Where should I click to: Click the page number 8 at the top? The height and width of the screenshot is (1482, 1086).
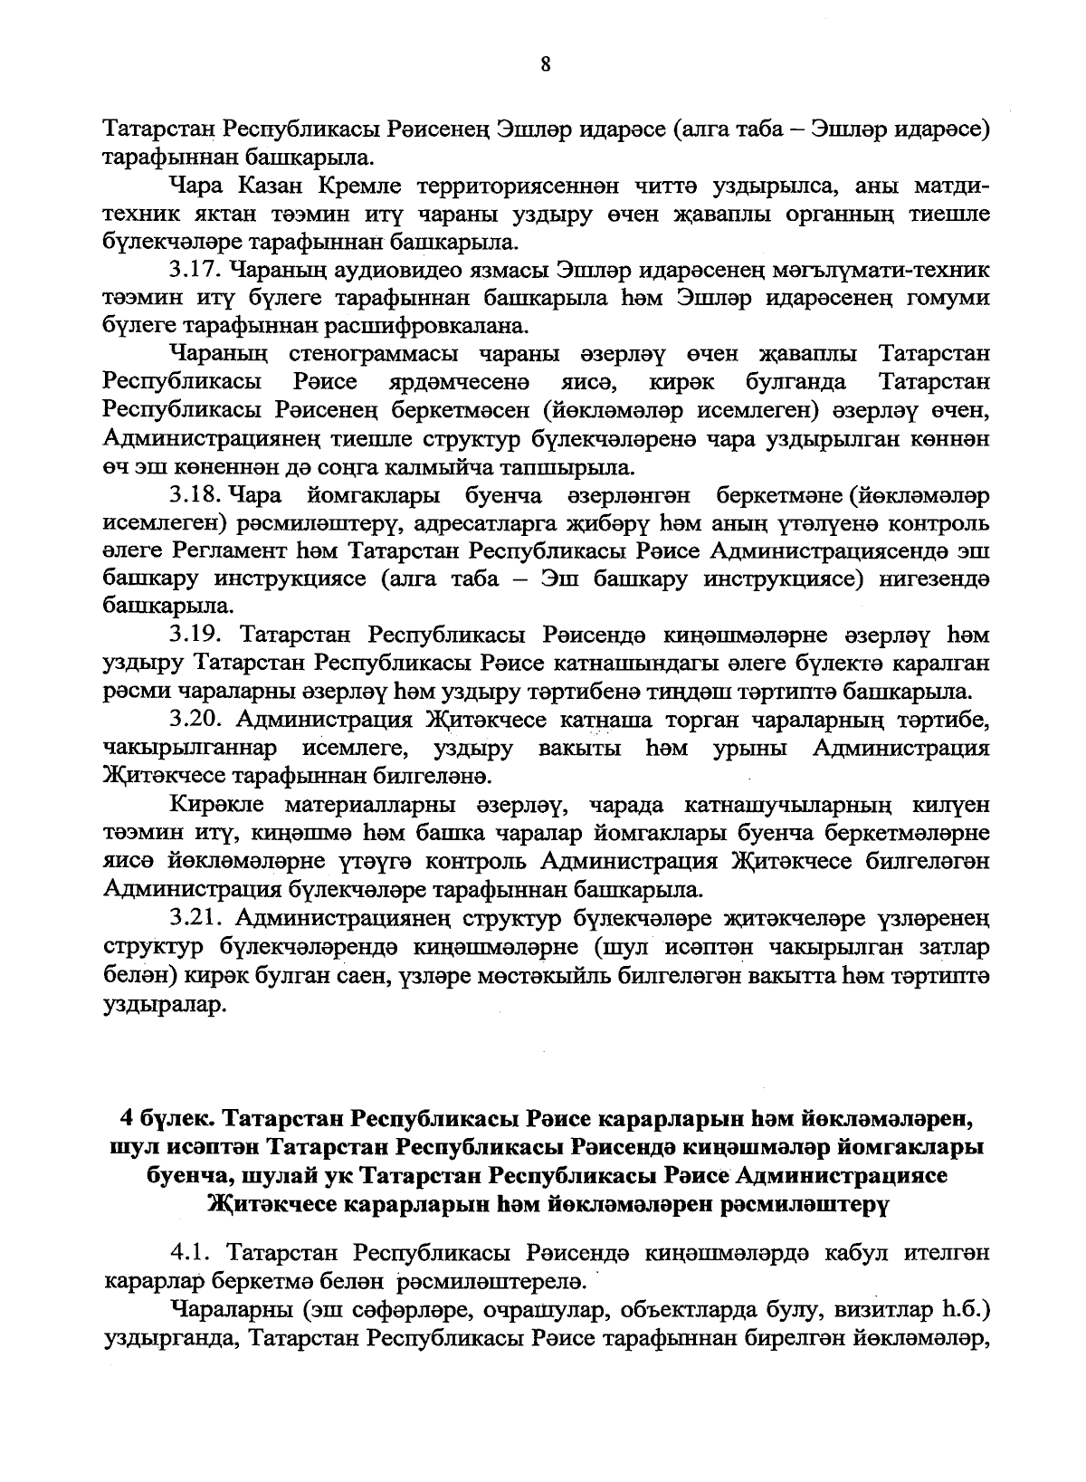pos(544,64)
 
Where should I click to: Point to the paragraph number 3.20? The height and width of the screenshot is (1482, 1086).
pos(196,721)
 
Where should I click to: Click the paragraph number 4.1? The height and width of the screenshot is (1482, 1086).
pos(191,1254)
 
